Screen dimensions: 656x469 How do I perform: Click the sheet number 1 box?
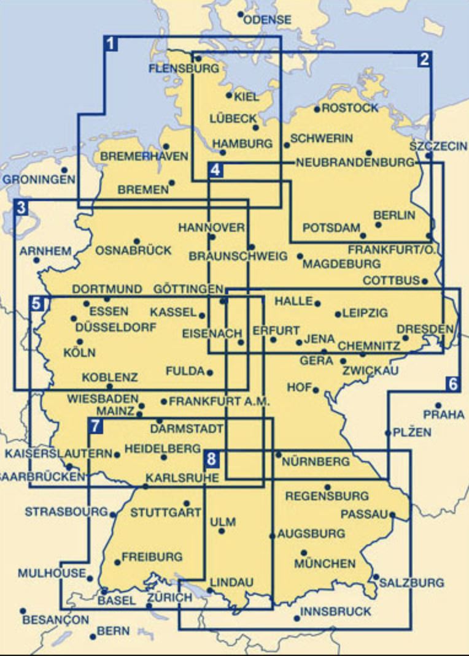(x=110, y=44)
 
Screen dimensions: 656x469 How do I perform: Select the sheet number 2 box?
(x=424, y=59)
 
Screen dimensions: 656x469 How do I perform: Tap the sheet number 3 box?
(x=21, y=207)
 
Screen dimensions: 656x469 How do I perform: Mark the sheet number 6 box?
(x=452, y=384)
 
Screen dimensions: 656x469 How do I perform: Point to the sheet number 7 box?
(x=95, y=425)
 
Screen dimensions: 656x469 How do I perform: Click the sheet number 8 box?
(x=211, y=457)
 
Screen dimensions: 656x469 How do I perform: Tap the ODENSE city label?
(x=267, y=20)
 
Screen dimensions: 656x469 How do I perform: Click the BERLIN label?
(x=394, y=215)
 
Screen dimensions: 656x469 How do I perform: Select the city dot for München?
(x=303, y=552)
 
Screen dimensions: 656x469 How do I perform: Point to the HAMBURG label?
(x=242, y=143)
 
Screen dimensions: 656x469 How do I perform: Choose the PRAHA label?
(x=444, y=415)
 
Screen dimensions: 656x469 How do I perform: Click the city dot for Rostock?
(x=317, y=109)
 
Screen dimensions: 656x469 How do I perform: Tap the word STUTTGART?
(x=158, y=513)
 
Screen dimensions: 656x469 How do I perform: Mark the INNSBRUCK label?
(x=336, y=611)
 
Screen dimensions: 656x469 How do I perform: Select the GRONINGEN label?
(x=39, y=180)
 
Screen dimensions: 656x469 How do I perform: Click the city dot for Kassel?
(x=202, y=315)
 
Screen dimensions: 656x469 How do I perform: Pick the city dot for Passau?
(x=392, y=515)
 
